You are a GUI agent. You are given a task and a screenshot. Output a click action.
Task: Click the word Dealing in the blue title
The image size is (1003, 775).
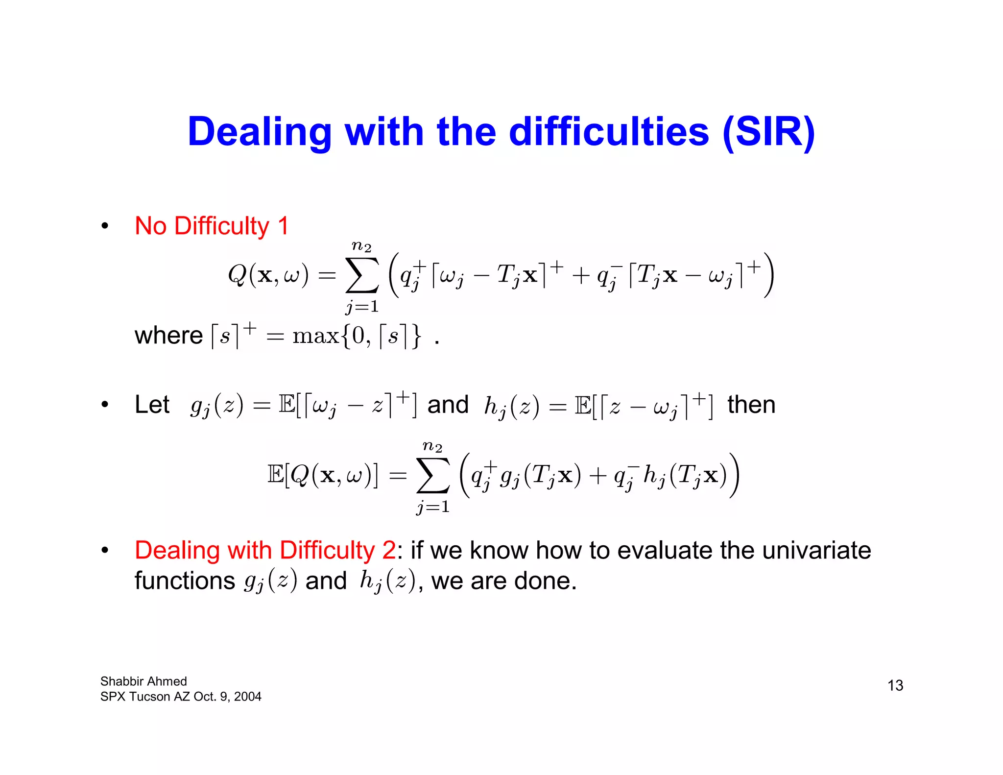click(260, 132)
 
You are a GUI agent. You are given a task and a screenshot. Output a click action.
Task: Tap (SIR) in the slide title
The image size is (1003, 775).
click(768, 132)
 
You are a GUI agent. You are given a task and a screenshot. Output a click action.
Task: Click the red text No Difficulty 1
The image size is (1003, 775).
click(212, 226)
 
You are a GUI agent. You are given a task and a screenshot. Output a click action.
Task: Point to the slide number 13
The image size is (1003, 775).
click(895, 685)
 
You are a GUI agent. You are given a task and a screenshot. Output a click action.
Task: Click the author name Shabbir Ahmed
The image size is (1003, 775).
click(143, 681)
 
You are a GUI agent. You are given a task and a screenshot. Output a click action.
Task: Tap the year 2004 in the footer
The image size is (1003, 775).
click(248, 697)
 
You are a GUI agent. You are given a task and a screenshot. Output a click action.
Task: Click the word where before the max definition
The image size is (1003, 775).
click(168, 336)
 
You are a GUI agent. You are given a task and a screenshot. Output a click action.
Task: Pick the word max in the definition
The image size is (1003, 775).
click(315, 336)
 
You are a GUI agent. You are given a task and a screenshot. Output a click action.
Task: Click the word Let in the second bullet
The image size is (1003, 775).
click(152, 405)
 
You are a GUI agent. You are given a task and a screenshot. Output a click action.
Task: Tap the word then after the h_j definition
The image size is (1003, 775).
click(751, 405)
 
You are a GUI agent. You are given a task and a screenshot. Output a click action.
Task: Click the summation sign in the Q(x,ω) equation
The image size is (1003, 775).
click(362, 275)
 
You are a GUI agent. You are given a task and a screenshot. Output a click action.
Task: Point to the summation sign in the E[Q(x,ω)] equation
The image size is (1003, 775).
click(432, 475)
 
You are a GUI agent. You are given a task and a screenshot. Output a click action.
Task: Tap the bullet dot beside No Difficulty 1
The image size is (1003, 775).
click(104, 226)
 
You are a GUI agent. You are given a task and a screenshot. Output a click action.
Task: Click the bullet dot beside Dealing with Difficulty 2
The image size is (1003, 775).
click(104, 550)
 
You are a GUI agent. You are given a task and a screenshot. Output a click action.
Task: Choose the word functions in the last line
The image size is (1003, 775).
click(185, 581)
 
